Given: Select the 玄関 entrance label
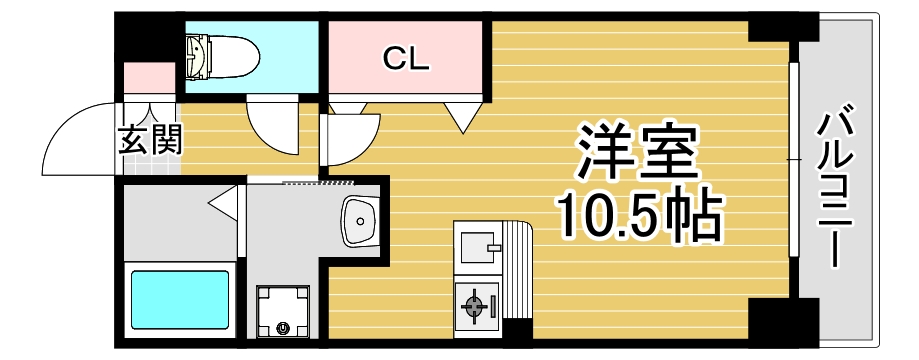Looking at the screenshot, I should tap(151, 139).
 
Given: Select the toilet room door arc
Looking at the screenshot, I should tap(272, 125).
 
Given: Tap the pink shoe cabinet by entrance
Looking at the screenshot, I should tap(149, 79).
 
